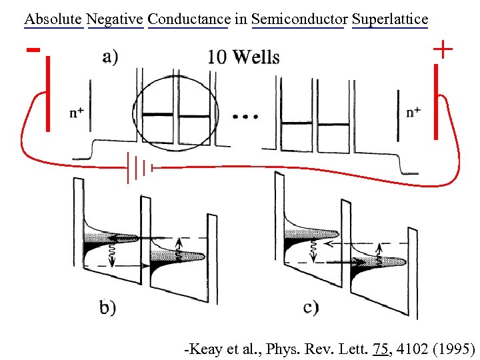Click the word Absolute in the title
(x=53, y=19)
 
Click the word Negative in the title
(x=115, y=19)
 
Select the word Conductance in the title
(x=188, y=19)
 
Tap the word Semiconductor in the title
(x=297, y=19)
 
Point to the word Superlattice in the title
(x=389, y=19)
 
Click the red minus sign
(x=31, y=49)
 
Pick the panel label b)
(x=107, y=307)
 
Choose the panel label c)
(x=311, y=307)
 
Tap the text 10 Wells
(x=243, y=57)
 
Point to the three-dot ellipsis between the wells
(x=245, y=117)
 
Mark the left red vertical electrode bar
(x=48, y=93)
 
